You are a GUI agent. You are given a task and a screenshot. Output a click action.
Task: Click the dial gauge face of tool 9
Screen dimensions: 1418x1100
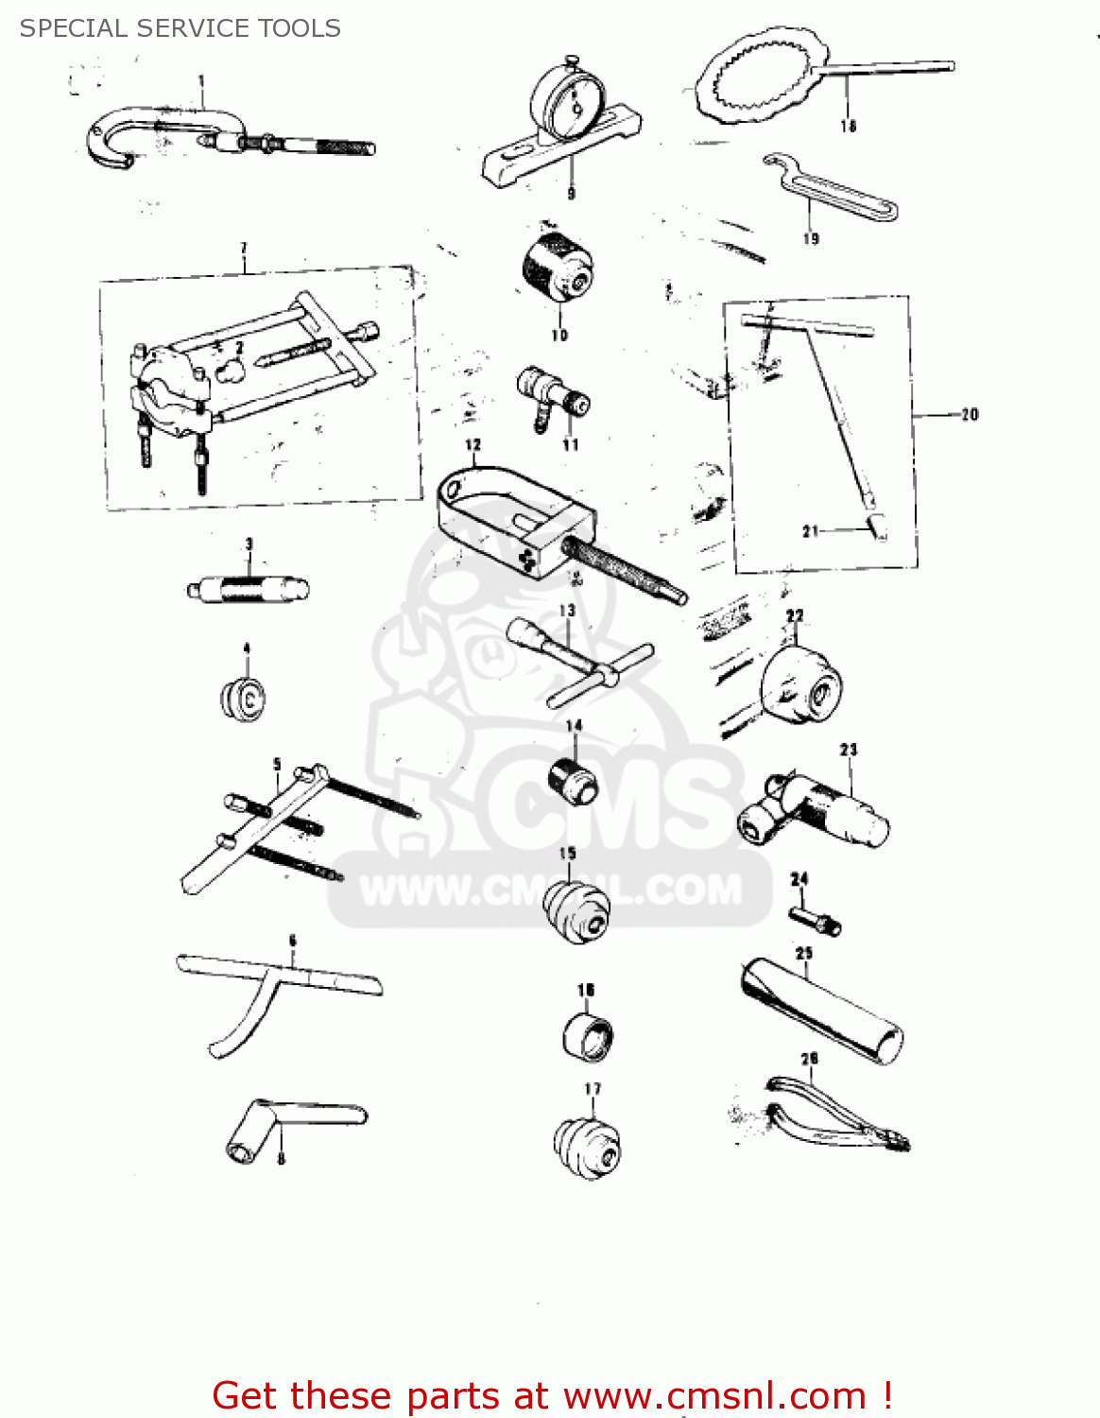tap(568, 104)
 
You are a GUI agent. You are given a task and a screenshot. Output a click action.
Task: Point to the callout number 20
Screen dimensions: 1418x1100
tap(970, 414)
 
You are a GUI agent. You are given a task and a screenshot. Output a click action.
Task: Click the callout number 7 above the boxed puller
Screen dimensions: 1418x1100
tap(244, 249)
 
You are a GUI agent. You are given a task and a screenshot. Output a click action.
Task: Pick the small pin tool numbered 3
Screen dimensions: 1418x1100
tap(248, 590)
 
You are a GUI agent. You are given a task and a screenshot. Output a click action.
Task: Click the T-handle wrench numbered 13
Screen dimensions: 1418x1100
tap(581, 662)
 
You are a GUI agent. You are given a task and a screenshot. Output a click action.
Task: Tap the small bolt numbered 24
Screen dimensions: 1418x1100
tap(815, 919)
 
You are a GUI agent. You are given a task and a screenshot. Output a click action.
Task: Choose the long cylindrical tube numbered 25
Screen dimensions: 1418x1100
tap(820, 1012)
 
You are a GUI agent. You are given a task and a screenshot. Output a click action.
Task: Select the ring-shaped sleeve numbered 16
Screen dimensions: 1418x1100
tap(588, 1036)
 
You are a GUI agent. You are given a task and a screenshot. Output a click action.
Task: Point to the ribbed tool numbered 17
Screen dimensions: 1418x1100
tap(588, 1146)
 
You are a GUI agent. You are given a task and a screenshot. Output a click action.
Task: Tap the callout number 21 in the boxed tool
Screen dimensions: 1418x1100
tap(810, 531)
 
